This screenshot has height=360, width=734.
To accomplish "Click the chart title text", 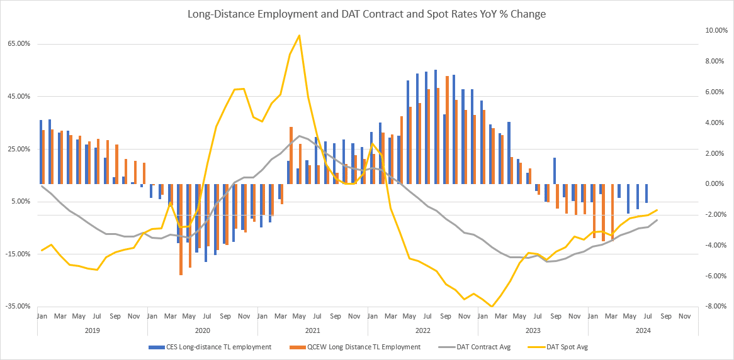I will [x=366, y=14].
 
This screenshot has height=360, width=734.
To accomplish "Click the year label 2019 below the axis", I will [x=92, y=329].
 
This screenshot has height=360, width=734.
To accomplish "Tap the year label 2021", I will [x=312, y=329].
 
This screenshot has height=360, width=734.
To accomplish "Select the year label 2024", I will [x=642, y=329].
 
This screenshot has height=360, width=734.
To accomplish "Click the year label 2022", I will [x=422, y=329].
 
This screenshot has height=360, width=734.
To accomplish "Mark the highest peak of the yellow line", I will [x=299, y=36].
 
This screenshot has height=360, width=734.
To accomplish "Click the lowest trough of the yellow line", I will [x=492, y=306].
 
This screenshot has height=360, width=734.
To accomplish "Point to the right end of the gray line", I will [x=656, y=219].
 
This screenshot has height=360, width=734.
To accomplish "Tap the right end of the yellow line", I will [x=656, y=210].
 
